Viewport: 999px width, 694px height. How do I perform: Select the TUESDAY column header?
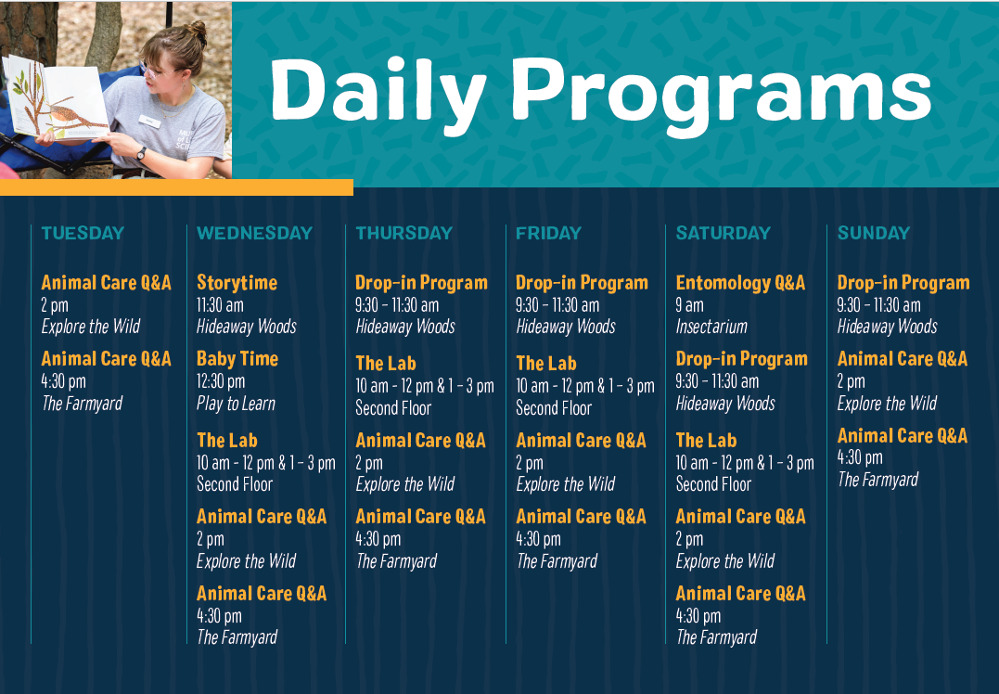point(83,233)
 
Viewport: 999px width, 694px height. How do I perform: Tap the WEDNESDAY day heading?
point(254,233)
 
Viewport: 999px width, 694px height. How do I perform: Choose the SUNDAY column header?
point(874,233)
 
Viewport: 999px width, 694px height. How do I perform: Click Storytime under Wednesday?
point(237,282)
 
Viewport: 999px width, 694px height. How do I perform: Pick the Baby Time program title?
point(237,359)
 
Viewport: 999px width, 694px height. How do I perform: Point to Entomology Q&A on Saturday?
point(740,282)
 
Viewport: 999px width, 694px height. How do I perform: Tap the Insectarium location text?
point(711,327)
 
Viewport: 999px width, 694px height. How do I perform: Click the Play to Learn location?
point(236,404)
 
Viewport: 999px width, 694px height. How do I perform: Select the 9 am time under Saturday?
point(689,305)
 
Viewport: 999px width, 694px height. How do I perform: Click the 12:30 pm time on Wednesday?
point(221,381)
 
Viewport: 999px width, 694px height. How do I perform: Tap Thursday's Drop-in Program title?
point(421,282)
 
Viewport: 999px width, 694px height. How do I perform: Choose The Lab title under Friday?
point(546,363)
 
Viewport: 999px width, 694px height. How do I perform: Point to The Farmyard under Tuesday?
point(82,404)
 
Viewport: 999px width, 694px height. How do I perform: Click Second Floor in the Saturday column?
point(713,484)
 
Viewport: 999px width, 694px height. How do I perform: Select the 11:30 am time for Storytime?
point(220,305)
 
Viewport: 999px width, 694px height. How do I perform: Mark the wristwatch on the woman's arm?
point(141,153)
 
